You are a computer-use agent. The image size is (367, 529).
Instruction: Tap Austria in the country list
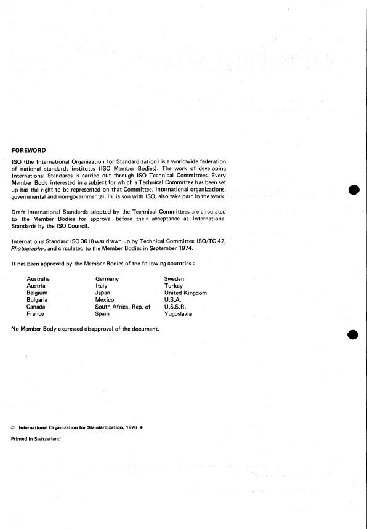[x=36, y=286]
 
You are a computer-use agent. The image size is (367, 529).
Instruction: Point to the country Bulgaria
[x=38, y=300]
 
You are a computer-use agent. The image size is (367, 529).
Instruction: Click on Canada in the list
[x=36, y=307]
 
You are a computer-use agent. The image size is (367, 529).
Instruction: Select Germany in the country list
[x=107, y=279]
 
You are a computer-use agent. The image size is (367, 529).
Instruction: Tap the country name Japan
[x=103, y=293]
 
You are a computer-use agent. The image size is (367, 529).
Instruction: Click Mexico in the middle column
[x=105, y=300]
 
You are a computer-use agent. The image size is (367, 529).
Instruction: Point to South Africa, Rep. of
[x=123, y=307]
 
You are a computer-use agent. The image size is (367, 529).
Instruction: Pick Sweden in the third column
[x=174, y=279]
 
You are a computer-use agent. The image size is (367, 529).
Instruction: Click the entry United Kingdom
[x=185, y=293]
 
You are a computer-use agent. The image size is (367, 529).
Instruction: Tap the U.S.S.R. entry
[x=175, y=307]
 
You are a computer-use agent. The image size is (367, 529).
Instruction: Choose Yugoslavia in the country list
[x=178, y=313]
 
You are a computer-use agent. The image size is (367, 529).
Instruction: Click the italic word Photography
[x=28, y=249]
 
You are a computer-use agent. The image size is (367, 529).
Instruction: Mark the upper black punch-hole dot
[x=353, y=190]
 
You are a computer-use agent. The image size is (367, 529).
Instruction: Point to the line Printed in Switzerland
[x=36, y=438]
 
